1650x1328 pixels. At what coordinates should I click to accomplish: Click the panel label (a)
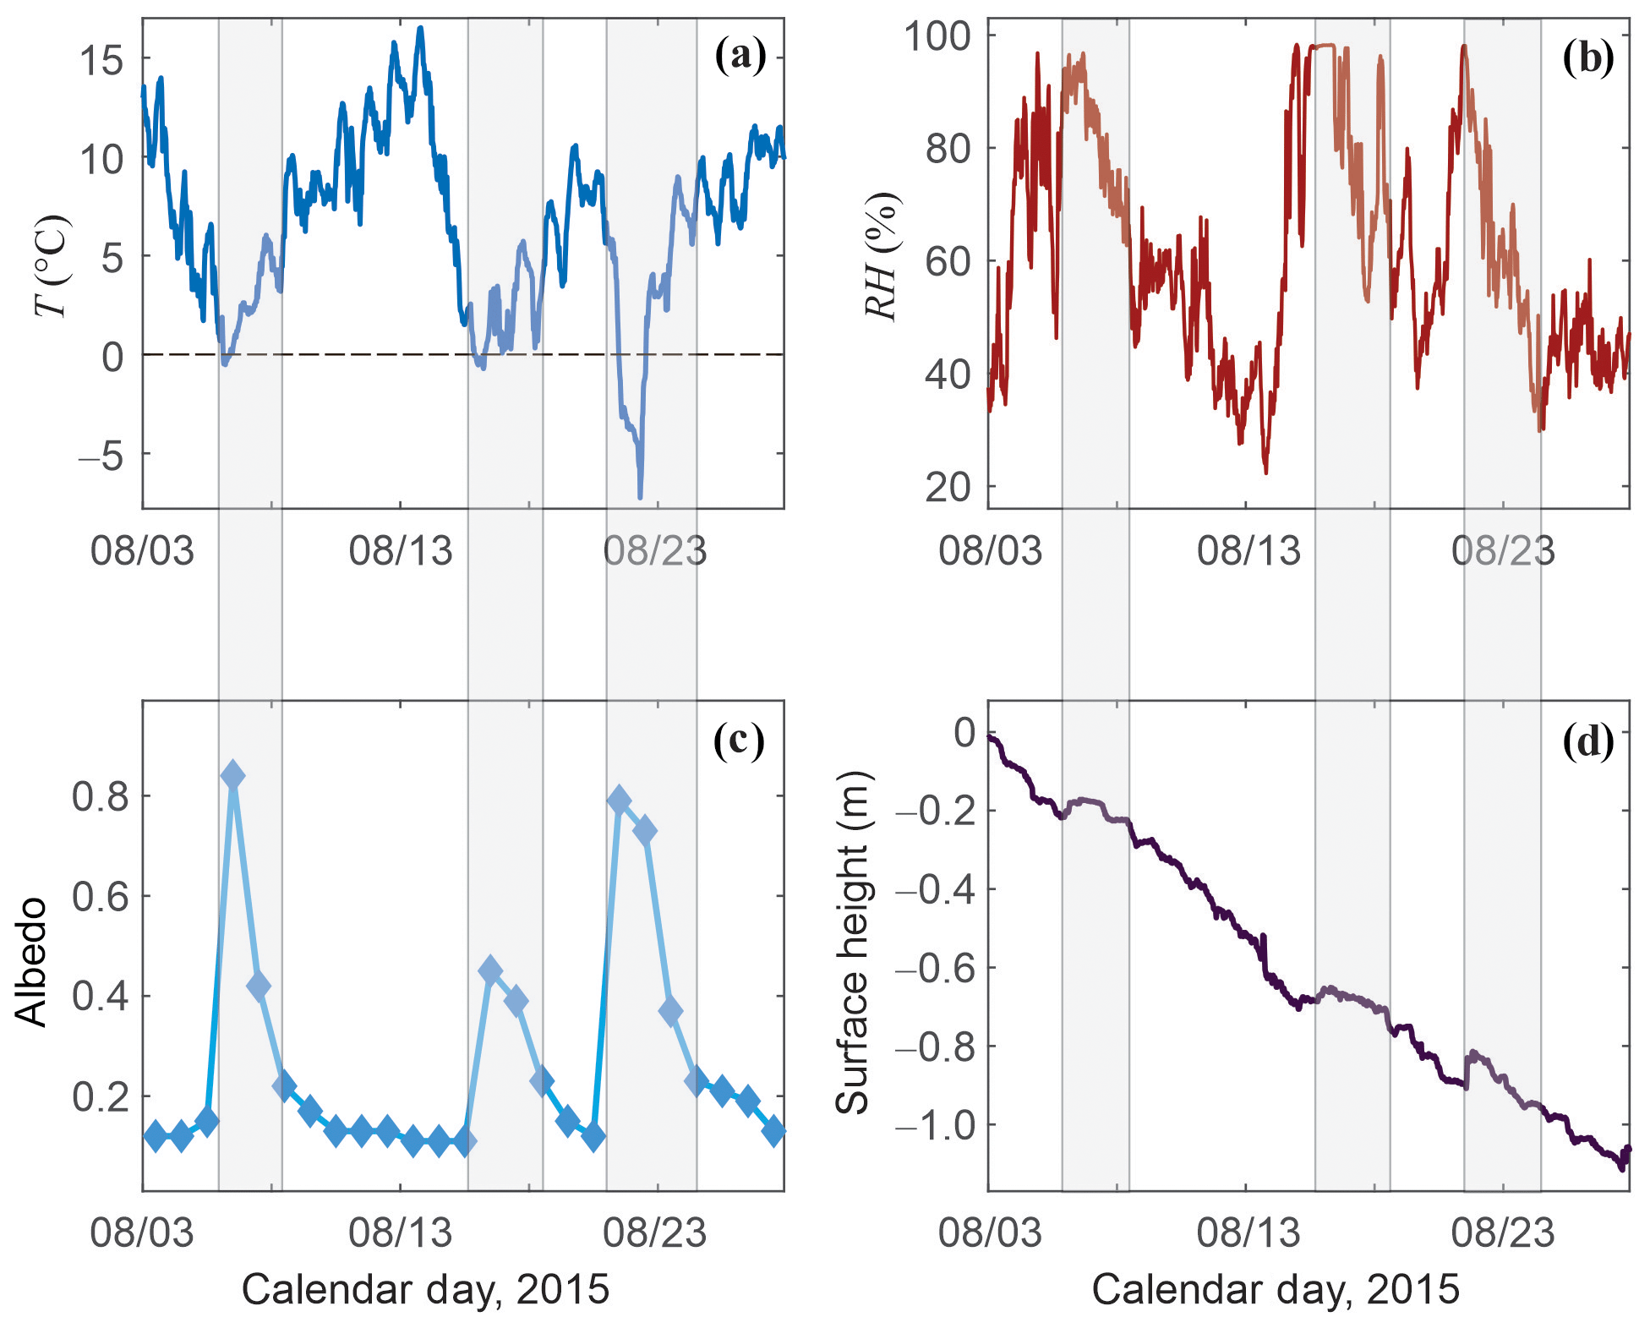(740, 57)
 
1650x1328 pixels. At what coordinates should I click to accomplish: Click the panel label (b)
(1587, 58)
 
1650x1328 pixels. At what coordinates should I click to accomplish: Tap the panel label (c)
(739, 741)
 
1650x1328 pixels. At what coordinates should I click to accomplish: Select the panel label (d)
(1587, 741)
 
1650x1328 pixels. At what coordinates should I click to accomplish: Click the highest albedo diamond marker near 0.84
(232, 775)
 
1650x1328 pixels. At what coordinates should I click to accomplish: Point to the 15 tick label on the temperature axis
(101, 60)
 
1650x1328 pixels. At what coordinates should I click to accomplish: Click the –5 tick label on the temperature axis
(100, 456)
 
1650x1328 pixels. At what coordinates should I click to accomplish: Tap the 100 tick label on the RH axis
(937, 36)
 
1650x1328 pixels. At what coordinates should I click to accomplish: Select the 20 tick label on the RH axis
(947, 487)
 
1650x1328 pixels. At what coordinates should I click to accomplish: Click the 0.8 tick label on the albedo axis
(101, 796)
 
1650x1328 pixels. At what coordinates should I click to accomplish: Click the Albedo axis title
(32, 963)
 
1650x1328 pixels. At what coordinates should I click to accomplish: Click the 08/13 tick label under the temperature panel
(400, 552)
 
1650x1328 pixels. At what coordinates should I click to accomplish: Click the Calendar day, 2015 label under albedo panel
(425, 1290)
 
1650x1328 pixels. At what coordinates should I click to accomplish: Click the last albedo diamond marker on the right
(773, 1131)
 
